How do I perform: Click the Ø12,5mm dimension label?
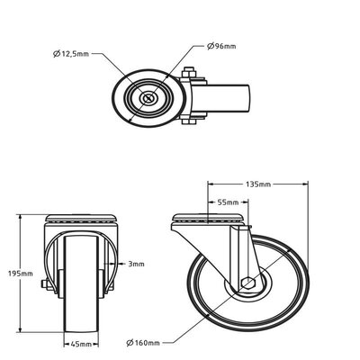71,54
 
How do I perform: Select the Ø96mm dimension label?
221,46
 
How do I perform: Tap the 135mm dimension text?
258,184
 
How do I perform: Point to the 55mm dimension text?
228,202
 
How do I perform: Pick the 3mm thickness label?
136,264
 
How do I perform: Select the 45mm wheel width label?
81,344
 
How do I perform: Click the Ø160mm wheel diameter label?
143,343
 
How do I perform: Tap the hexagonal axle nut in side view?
247,283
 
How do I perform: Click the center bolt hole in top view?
148,98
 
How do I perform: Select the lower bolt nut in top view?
189,121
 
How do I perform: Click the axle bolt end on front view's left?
44,283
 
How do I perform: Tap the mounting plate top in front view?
81,218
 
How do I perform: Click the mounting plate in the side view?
208,219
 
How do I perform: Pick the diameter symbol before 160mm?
130,343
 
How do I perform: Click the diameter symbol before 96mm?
211,46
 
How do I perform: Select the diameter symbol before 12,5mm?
57,54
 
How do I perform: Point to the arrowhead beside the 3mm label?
121,264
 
